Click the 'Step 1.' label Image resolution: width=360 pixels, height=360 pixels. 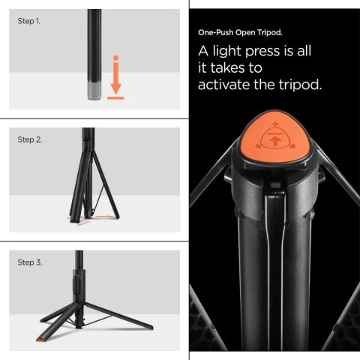point(28,21)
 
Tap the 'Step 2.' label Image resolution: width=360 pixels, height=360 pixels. point(29,139)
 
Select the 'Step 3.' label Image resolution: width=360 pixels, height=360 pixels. point(29,262)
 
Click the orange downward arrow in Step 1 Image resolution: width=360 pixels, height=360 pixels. point(115,70)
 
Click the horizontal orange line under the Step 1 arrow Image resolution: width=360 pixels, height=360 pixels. point(115,97)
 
